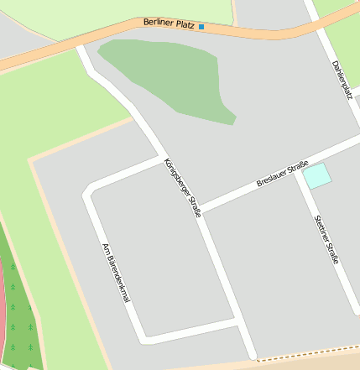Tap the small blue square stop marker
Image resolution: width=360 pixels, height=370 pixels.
(x=201, y=26)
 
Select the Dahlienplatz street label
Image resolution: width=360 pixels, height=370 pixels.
(x=342, y=80)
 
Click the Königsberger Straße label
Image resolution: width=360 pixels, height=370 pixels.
(x=182, y=187)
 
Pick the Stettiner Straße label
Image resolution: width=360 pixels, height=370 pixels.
(x=326, y=240)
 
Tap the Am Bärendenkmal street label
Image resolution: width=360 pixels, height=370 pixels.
(x=116, y=273)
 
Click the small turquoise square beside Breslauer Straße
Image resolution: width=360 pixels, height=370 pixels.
(x=317, y=176)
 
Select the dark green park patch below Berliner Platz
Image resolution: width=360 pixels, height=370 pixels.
(x=168, y=76)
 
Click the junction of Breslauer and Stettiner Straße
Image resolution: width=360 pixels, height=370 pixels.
(x=298, y=173)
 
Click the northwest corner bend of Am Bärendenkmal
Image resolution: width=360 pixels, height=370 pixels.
(x=87, y=194)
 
